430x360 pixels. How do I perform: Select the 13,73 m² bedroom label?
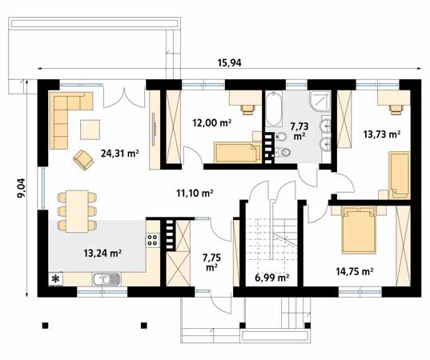(x=381, y=134)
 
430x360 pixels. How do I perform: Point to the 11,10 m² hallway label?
(x=195, y=193)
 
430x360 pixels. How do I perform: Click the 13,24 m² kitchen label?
(x=102, y=253)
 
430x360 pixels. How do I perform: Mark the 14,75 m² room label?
(x=355, y=272)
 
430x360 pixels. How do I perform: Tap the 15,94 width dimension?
(x=231, y=63)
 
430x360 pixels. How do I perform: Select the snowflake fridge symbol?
(x=56, y=279)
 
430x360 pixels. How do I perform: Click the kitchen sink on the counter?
(x=106, y=279)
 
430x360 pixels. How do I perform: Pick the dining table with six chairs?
(x=76, y=205)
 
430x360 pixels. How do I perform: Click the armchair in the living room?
(x=83, y=159)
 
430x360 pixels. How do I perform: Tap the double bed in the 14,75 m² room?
(x=357, y=229)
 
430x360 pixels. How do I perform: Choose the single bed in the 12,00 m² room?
(x=235, y=151)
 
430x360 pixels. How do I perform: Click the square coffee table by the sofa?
(x=90, y=126)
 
